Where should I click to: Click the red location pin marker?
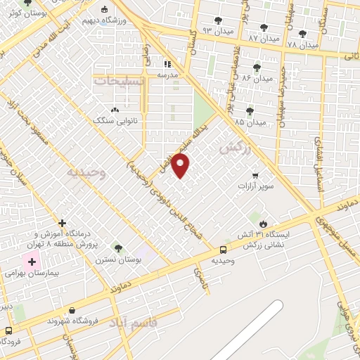coord(181,167)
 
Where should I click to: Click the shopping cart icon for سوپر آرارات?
coord(255,176)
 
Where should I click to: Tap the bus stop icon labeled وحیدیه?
coord(223,249)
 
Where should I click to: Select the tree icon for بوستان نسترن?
coord(118,247)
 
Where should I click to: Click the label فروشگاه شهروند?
coord(72,321)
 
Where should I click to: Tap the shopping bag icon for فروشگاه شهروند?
coord(72,309)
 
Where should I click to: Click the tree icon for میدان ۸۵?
coord(250,110)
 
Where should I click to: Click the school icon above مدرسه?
coord(167,63)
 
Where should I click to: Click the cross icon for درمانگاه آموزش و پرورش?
coord(63,223)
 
